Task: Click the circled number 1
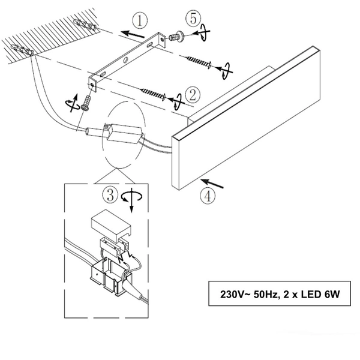point(140,21)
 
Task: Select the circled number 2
point(193,94)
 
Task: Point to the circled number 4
point(206,195)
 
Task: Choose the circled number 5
point(192,19)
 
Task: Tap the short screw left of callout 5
point(176,37)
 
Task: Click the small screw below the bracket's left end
point(89,101)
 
